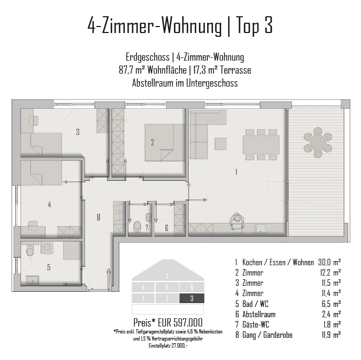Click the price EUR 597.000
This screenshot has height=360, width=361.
180,323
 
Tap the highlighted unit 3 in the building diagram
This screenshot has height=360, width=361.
191,298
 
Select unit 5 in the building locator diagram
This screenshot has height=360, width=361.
167,287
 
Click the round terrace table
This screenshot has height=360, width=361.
318,142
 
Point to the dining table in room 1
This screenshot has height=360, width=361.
261,145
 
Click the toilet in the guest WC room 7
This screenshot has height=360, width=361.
137,226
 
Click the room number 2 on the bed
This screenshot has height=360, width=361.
152,142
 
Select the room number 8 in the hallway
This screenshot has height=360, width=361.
98,217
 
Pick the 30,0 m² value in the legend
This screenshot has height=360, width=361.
330,262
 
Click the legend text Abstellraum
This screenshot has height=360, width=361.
259,314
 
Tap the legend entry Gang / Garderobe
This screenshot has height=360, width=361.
267,335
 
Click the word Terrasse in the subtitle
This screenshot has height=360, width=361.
235,70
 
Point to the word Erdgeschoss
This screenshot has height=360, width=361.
147,57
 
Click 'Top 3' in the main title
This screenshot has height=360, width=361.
254,25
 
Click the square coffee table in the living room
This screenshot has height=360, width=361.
221,143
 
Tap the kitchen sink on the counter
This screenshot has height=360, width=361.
261,228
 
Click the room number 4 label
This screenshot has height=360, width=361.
49,205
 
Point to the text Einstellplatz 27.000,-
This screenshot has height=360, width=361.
168,345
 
